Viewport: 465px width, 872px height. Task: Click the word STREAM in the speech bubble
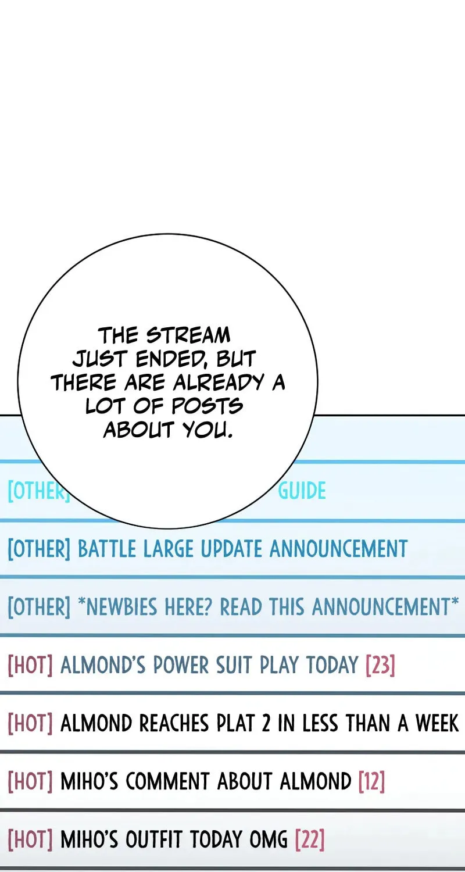(x=188, y=335)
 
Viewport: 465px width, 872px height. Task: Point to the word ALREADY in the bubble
(x=219, y=383)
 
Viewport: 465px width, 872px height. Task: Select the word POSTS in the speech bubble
(x=208, y=406)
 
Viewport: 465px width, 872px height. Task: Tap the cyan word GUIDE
(x=302, y=491)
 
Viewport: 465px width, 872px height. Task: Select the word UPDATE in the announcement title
(x=232, y=549)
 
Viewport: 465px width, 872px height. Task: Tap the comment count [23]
(x=380, y=664)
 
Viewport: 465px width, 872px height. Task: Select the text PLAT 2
(x=243, y=724)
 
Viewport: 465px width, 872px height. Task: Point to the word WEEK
(x=437, y=724)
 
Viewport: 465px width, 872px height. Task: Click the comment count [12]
(x=371, y=781)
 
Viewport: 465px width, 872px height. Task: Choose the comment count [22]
(x=310, y=839)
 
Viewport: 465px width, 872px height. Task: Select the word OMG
(x=268, y=839)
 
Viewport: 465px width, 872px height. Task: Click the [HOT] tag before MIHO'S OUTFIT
(x=30, y=839)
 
